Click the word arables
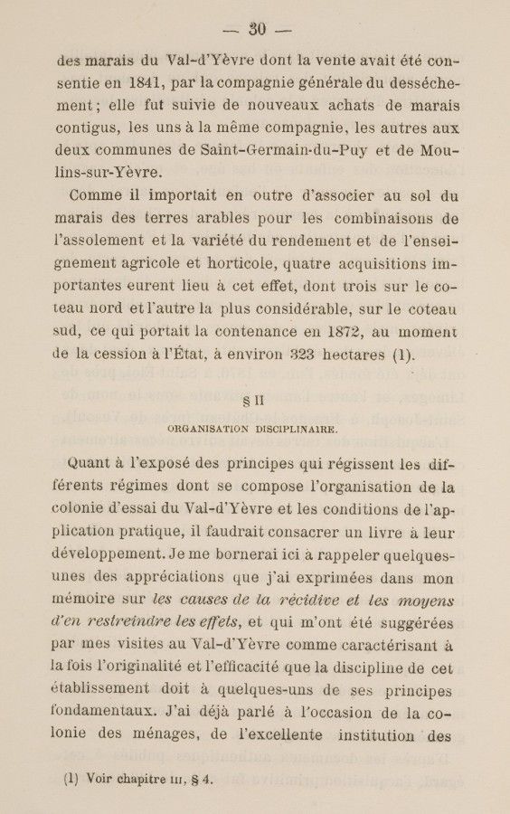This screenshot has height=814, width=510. coord(222,218)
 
